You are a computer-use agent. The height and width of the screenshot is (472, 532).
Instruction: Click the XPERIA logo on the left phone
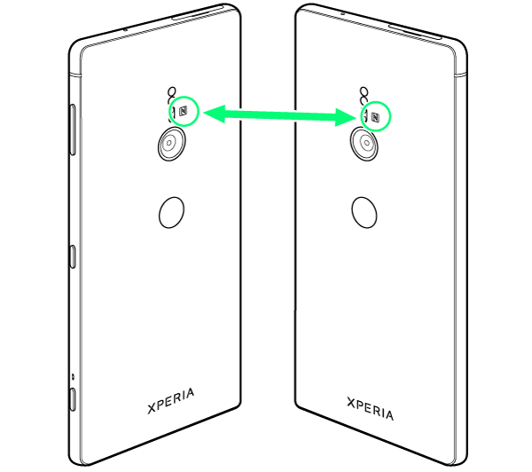pos(171,401)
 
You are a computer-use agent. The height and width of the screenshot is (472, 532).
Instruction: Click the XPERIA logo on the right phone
pos(370,408)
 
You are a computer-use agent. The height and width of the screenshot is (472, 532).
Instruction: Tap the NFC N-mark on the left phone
pos(184,111)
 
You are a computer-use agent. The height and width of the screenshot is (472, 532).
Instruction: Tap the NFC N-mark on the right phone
pos(375,117)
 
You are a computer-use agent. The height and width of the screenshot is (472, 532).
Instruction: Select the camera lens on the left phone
pos(172,144)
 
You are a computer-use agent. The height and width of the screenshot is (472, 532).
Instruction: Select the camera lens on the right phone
pos(364,144)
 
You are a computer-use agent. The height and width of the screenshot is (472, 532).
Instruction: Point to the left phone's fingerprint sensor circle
pos(172,213)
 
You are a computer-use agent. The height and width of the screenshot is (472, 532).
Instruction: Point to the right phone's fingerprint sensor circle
pos(364,213)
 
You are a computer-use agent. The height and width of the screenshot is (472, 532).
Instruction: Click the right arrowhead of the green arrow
pos(346,117)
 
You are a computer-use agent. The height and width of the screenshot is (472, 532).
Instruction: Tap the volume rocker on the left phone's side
pos(73,130)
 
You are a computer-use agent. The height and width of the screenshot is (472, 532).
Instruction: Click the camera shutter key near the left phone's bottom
pos(73,399)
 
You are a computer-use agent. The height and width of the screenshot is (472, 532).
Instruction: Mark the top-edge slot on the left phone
pos(198,12)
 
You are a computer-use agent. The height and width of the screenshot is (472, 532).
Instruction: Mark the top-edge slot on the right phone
pos(415,31)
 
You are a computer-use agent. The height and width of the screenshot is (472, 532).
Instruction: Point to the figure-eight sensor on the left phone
pos(172,96)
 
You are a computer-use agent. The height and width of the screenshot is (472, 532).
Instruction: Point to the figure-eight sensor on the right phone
pos(364,96)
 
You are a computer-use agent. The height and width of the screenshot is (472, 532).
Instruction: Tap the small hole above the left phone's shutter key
pos(73,376)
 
